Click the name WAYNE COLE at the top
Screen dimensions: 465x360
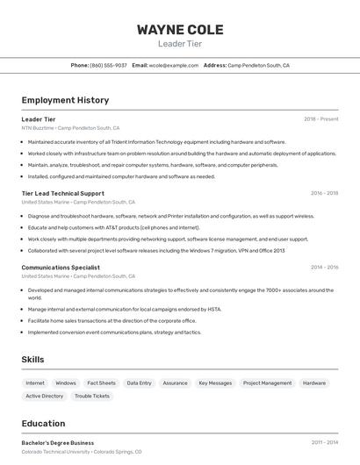(x=180, y=30)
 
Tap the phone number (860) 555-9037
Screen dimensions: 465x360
(x=108, y=65)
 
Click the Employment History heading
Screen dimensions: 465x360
(x=65, y=100)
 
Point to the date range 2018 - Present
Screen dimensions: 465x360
(x=321, y=119)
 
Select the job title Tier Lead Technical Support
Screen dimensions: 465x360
(x=62, y=193)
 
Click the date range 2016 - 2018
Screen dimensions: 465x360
(x=324, y=193)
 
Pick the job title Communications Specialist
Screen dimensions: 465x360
(x=61, y=267)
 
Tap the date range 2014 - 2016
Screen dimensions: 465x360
(x=324, y=267)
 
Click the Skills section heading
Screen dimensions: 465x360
(x=33, y=360)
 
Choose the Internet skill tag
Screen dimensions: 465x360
(x=35, y=383)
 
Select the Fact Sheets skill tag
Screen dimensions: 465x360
(x=101, y=383)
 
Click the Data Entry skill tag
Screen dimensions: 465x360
(x=139, y=383)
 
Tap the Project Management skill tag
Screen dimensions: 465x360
(x=267, y=383)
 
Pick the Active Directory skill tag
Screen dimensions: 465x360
(x=45, y=396)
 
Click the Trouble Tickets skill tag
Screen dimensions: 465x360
(x=92, y=396)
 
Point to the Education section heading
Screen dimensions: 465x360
(x=43, y=424)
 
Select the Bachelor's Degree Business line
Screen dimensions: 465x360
(x=58, y=443)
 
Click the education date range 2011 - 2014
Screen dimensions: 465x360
(x=324, y=443)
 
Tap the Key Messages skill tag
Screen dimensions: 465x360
(x=215, y=383)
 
